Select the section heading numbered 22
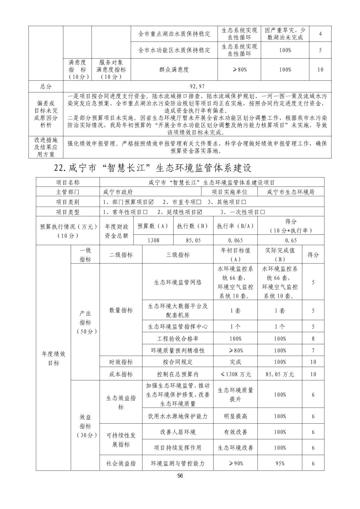(153, 168)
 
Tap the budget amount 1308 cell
(153, 240)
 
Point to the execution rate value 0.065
(236, 240)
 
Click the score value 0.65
(291, 240)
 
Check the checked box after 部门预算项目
(151, 202)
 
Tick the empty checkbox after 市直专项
(199, 202)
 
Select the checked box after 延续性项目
(200, 212)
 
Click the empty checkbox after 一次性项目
(262, 212)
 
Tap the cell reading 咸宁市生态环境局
(291, 192)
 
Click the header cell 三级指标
(178, 255)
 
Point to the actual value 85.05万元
(280, 374)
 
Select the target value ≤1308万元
(236, 374)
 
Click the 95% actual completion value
(280, 463)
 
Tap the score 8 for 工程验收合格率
(313, 339)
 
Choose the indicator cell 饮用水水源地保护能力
(178, 416)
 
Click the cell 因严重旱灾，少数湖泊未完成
(285, 34)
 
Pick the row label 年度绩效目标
(54, 358)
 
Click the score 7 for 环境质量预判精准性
(313, 351)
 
